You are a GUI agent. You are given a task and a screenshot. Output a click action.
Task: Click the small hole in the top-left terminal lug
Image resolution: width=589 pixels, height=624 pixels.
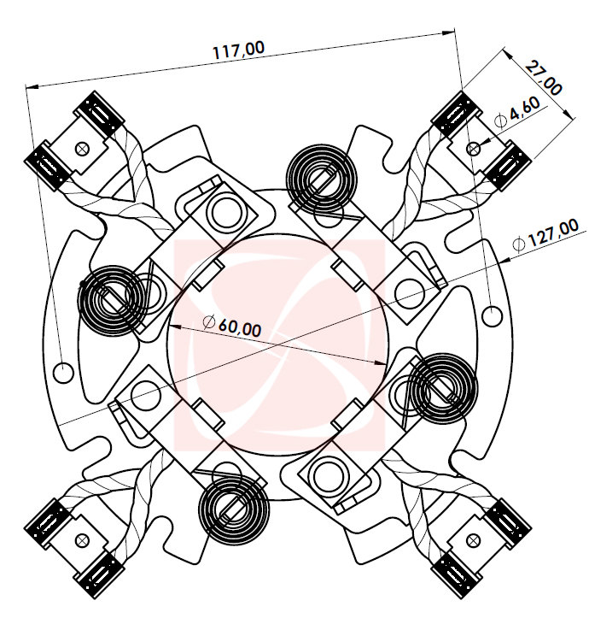pos(82,148)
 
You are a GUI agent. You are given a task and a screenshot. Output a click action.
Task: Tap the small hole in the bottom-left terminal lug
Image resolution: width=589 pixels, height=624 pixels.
pos(83,540)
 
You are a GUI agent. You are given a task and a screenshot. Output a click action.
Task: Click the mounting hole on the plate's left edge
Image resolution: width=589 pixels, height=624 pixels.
pos(62,372)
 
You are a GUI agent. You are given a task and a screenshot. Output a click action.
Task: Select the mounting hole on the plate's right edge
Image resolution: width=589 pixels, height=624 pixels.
pos(493,316)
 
